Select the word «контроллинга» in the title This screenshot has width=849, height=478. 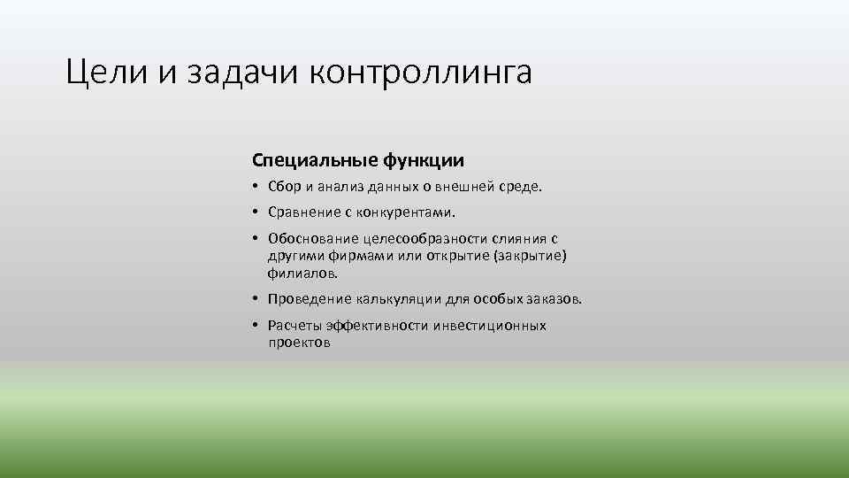click(x=421, y=73)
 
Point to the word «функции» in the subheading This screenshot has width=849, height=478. click(x=424, y=160)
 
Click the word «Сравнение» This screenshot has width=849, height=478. click(x=302, y=212)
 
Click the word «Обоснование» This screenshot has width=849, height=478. click(x=310, y=239)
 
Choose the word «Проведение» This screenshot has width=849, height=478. click(x=309, y=299)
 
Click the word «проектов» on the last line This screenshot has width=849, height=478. click(x=299, y=343)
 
